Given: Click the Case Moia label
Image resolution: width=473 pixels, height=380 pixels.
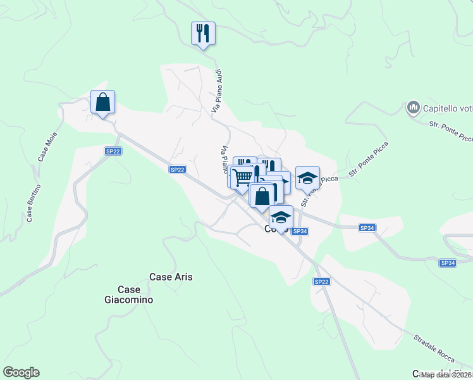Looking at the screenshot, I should [44, 146].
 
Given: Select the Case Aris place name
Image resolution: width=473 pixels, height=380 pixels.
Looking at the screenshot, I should [171, 277].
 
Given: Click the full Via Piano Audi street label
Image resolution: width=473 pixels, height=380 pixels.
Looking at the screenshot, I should [216, 91].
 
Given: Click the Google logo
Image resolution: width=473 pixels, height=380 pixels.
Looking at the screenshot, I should [21, 372].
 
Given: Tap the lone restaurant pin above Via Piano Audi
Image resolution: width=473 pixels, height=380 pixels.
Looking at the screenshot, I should [203, 33].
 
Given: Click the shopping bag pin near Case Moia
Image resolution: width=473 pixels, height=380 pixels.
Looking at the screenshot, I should [102, 103].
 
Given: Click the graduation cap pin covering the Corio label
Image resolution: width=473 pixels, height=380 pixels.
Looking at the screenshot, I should [281, 217].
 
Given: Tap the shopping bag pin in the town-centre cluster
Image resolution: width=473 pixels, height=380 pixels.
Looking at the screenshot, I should [262, 195].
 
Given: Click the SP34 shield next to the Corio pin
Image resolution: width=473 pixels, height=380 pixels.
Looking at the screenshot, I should [300, 232].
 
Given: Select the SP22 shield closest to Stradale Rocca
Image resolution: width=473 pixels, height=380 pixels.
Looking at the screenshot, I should [321, 281].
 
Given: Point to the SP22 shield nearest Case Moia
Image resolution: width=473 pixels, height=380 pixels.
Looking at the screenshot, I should [113, 151].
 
